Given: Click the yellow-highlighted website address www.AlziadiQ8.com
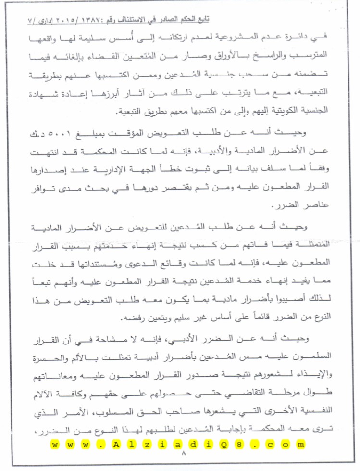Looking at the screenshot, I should point(177,444).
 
